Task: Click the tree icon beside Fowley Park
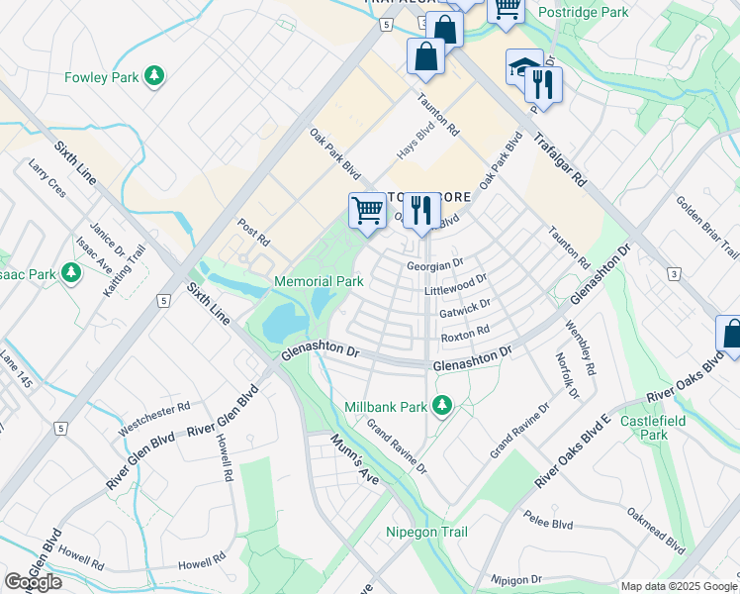tap(153, 75)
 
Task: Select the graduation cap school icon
tap(523, 66)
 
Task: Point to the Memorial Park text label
tap(319, 282)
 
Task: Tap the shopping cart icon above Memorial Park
tap(367, 210)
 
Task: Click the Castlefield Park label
tap(668, 428)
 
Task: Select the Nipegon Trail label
tap(426, 533)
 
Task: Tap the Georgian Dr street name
tap(434, 264)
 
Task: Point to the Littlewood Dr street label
tap(455, 286)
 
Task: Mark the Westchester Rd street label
tap(152, 418)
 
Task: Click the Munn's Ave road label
tap(355, 459)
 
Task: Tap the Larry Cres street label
tap(46, 177)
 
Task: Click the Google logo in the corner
tap(33, 582)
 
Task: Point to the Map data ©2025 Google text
tap(678, 586)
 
